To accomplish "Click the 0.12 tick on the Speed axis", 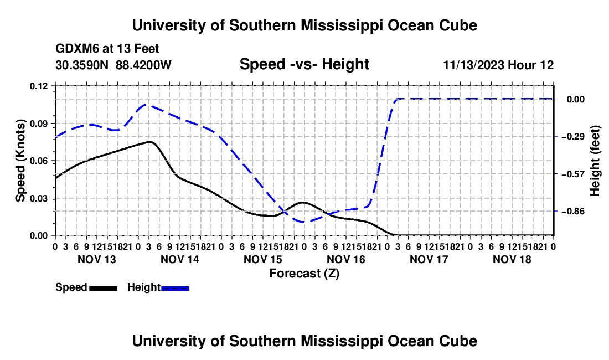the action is [x=39, y=86].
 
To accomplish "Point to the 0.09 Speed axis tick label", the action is [x=39, y=124].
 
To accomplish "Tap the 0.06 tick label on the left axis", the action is [x=39, y=161].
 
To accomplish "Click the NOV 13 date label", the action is [x=97, y=259].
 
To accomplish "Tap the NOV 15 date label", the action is [x=263, y=259].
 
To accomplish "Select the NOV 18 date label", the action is [x=512, y=259].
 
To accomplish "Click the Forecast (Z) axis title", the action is [x=304, y=274].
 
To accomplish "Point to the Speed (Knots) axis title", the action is [x=20, y=161].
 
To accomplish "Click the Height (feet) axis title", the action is [x=595, y=161].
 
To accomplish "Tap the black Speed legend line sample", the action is [x=104, y=288].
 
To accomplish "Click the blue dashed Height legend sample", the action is [x=175, y=288].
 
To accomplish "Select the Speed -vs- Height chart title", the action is [x=304, y=64].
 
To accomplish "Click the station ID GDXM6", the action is [x=77, y=49].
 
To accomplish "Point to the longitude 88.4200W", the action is [x=143, y=65].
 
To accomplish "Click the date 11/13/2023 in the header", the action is [x=473, y=65].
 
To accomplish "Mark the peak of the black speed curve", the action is [x=149, y=142].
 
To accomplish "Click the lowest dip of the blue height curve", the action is [x=303, y=222].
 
